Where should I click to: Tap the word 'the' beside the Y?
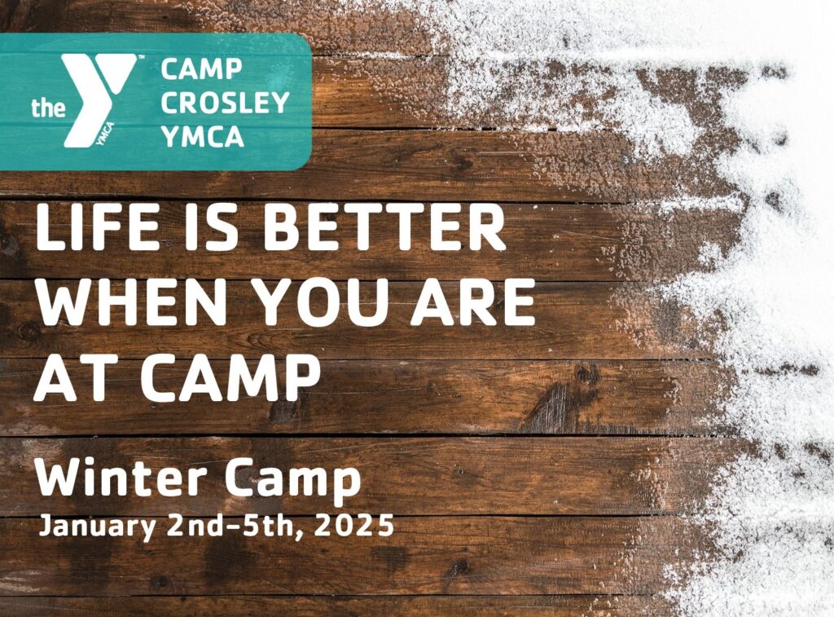48,108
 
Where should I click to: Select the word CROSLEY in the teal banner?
225,103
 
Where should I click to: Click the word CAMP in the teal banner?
202,69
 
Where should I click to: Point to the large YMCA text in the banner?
203,136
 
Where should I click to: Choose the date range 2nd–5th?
237,526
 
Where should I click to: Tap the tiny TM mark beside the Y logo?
142,56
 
